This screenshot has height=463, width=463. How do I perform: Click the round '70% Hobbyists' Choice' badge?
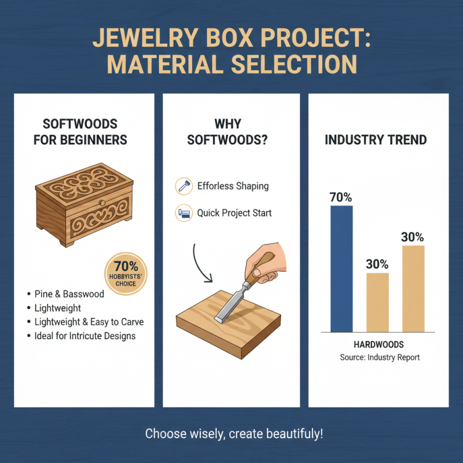126,271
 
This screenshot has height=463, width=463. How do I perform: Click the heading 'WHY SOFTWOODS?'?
231,132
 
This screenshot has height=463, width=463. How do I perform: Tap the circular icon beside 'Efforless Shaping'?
183,186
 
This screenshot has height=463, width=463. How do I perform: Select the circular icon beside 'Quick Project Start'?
183,213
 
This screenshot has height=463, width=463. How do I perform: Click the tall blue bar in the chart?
341,269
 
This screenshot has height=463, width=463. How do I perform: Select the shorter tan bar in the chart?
377,302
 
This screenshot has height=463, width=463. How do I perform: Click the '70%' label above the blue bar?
341,197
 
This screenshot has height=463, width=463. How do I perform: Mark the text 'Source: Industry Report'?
380,358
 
